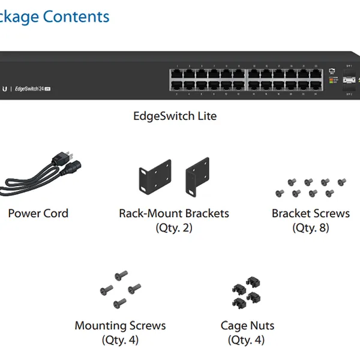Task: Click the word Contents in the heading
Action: pos(76,16)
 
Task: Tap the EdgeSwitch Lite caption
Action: pos(175,116)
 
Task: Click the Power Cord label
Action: pos(38,213)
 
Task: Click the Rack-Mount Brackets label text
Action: pos(174,213)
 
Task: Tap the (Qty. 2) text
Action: pos(174,227)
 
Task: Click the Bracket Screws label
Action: pos(311,213)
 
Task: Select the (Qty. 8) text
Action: pos(311,227)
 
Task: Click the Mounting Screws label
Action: pos(120,326)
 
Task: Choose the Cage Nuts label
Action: pos(247,326)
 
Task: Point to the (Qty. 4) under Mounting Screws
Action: pos(120,340)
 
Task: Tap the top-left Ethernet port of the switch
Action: pos(176,75)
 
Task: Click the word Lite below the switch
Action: pos(205,116)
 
